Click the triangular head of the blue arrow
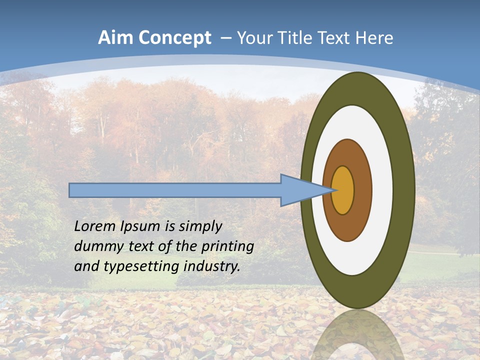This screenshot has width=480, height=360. tap(300, 190)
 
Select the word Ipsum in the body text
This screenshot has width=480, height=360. tap(140, 227)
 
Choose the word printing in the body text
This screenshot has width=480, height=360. tap(227, 246)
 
